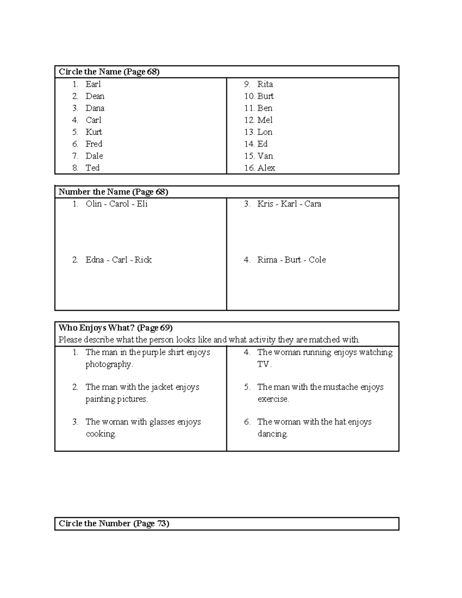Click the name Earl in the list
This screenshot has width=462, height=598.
click(93, 84)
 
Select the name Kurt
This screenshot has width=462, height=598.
click(94, 132)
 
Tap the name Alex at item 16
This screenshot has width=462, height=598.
click(266, 168)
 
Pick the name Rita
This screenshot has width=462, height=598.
click(265, 84)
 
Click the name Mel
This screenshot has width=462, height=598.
click(265, 120)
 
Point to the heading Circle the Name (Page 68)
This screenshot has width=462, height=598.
click(109, 72)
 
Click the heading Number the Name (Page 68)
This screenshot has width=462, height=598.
click(113, 192)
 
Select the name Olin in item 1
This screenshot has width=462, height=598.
click(94, 204)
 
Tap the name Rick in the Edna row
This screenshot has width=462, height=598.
click(143, 260)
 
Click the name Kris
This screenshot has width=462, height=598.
click(265, 204)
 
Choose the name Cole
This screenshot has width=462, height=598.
click(317, 260)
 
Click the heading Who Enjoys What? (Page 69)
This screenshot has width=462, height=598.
click(115, 328)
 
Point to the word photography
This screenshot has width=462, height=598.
click(109, 364)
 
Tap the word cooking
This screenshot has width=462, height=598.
click(101, 434)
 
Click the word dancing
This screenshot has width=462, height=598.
click(273, 434)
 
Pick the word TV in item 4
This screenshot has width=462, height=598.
click(264, 364)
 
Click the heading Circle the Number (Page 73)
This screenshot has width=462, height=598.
click(114, 523)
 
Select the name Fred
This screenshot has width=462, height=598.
click(94, 144)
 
